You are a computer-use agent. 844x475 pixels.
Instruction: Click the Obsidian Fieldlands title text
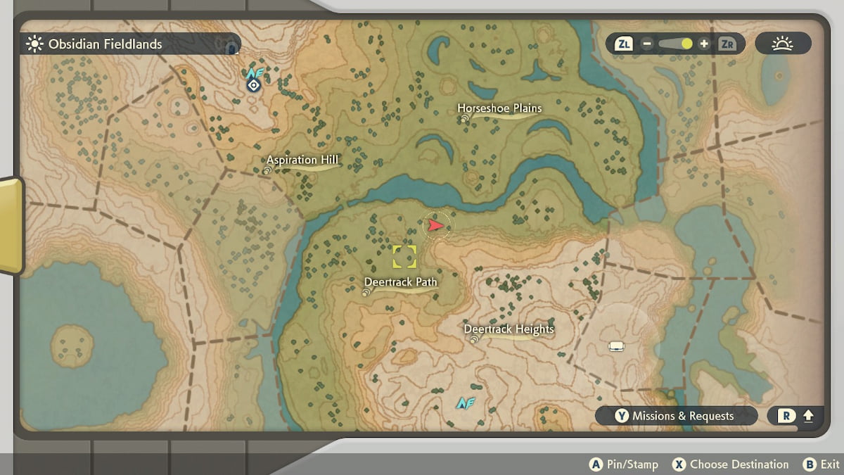(105, 44)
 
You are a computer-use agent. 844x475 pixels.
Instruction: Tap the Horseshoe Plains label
(499, 108)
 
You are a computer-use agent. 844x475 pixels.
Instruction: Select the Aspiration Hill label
(302, 160)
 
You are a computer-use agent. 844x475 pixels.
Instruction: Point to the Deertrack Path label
(400, 282)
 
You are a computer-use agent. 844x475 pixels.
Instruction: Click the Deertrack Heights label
(509, 329)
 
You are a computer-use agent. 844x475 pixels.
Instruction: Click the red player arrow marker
(436, 225)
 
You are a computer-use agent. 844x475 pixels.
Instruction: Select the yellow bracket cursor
(404, 257)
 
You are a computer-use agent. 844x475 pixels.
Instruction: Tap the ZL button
(624, 44)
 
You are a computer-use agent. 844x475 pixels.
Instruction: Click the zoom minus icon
(647, 44)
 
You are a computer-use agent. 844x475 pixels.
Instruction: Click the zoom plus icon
(704, 44)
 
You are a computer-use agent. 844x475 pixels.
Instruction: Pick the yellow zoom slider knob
(686, 44)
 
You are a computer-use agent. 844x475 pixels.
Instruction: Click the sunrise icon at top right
(782, 44)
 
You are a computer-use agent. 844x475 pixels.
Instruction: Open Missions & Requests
(675, 416)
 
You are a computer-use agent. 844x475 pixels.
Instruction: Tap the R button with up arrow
(795, 416)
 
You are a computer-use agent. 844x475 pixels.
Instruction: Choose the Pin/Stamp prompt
(624, 464)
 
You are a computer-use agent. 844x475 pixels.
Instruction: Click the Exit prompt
(821, 464)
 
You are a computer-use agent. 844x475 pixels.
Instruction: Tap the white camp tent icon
(617, 346)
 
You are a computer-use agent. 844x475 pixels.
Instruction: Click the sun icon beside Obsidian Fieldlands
(34, 44)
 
